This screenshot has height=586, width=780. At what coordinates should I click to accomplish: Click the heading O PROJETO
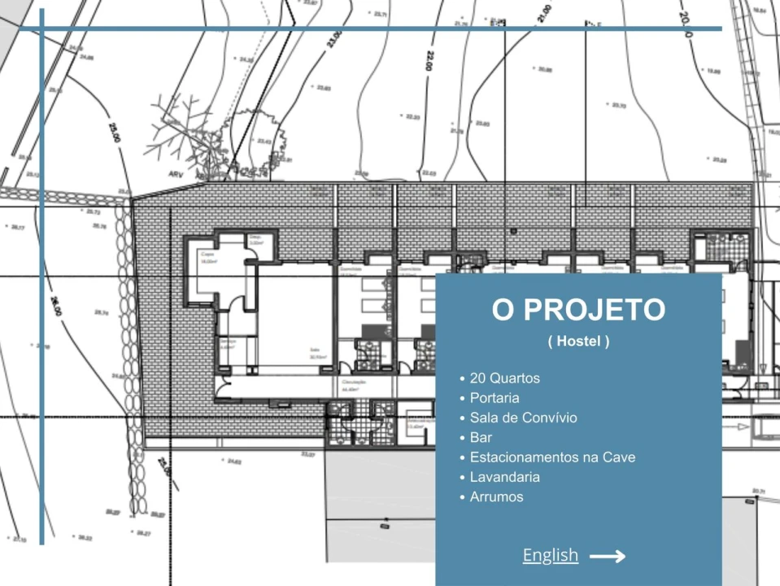tap(578, 310)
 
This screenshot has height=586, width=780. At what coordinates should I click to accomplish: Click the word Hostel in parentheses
tap(578, 342)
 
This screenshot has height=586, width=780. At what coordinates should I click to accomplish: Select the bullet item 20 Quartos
tap(504, 378)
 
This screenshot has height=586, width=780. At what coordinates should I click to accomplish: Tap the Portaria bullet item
tap(495, 398)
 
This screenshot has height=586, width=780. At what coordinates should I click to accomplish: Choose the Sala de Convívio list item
tap(523, 418)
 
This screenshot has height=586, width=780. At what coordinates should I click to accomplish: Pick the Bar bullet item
tap(481, 438)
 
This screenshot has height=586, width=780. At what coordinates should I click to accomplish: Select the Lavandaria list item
tap(504, 477)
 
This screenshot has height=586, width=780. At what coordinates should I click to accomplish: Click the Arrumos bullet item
tap(496, 496)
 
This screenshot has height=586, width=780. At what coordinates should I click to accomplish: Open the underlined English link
tap(551, 556)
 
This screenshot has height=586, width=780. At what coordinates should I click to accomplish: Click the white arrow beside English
tap(607, 557)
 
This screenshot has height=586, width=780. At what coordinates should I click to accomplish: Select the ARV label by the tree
tap(176, 173)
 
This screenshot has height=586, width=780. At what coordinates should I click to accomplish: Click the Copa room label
tap(207, 254)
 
